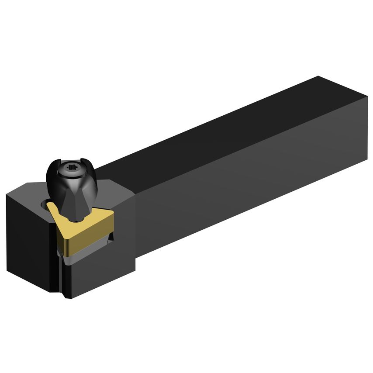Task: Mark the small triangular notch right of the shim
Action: pos(111,238)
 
